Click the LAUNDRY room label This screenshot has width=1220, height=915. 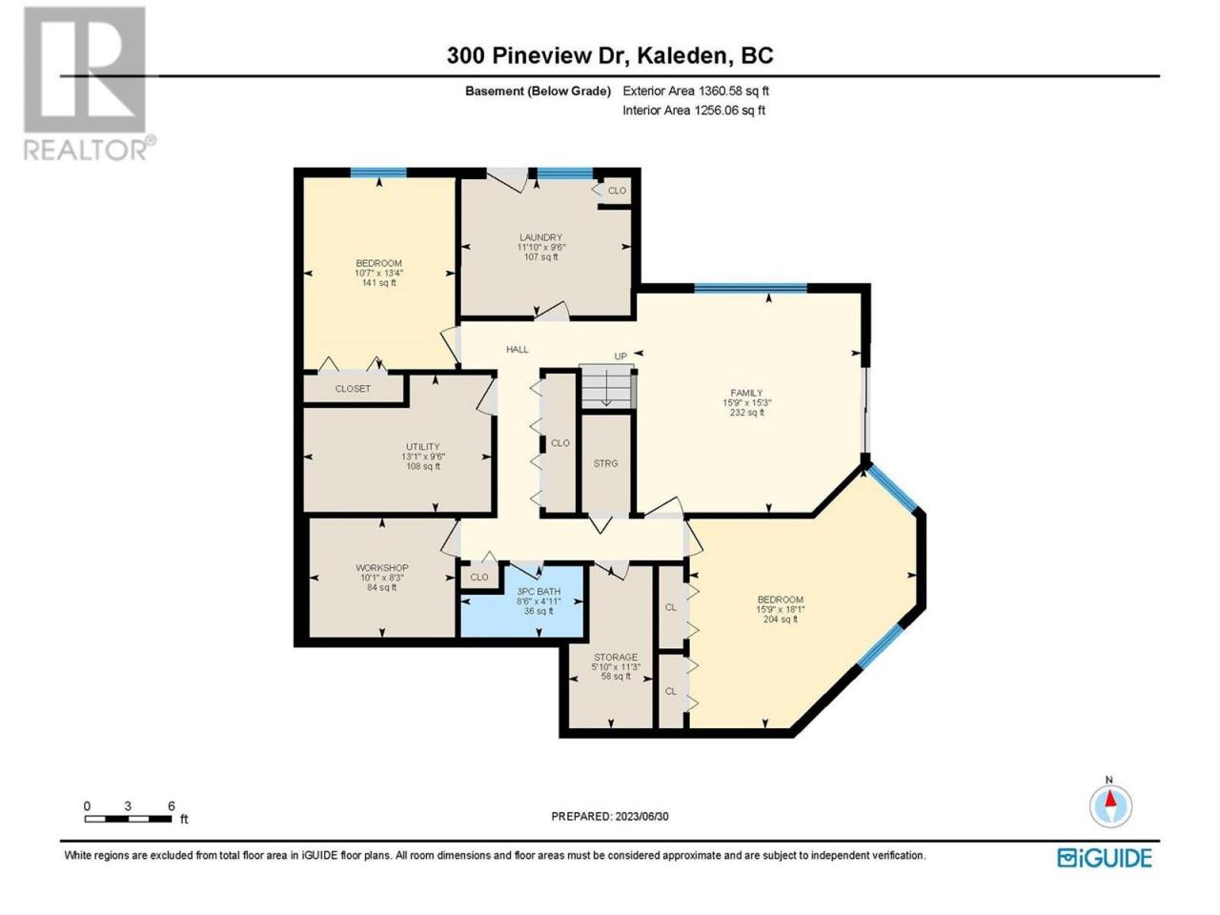pos(540,237)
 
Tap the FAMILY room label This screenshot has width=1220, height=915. pos(746,393)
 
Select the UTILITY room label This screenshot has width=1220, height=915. pos(422,447)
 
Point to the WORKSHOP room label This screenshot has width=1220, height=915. pos(382,568)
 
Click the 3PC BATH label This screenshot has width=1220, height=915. pos(538,592)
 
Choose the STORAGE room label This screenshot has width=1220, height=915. pos(616,658)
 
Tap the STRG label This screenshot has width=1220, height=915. pos(605,463)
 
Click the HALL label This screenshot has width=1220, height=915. pos(517,350)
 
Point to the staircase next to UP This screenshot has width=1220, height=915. pos(606,386)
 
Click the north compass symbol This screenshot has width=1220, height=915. pos(1110,806)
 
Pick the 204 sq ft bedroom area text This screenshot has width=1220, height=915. pos(781,619)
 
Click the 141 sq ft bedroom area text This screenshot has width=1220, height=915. pos(378,283)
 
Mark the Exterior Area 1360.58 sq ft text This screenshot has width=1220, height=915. pos(696,91)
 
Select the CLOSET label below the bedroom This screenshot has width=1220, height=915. pos(353,389)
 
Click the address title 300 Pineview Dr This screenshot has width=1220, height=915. pos(538,55)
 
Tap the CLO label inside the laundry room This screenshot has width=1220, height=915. pos(617,191)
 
